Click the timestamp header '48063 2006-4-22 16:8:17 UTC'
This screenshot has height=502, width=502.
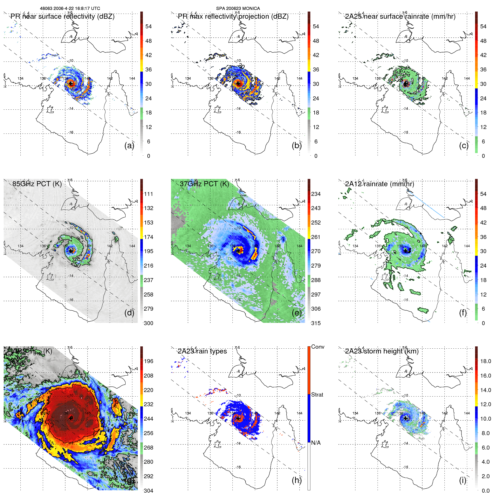pyautogui.click(x=70, y=9)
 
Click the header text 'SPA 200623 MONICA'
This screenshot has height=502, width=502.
pyautogui.click(x=238, y=9)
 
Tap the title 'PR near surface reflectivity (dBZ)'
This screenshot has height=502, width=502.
pyautogui.click(x=63, y=16)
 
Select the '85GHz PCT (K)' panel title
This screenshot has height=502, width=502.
pyautogui.click(x=37, y=184)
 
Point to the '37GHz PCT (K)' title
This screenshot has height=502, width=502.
pyautogui.click(x=204, y=184)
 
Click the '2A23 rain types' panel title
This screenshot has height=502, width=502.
pyautogui.click(x=202, y=351)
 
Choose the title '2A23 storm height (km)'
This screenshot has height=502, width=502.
pyautogui.click(x=382, y=351)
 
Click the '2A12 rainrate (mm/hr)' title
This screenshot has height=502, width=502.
pyautogui.click(x=380, y=184)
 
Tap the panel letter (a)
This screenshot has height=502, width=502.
pyautogui.click(x=129, y=145)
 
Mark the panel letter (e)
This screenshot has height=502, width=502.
pyautogui.click(x=297, y=313)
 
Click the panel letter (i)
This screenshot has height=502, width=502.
pyautogui.click(x=463, y=480)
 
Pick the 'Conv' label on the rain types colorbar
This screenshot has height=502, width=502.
pyautogui.click(x=318, y=347)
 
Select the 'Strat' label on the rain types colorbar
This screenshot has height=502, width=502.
pyautogui.click(x=317, y=395)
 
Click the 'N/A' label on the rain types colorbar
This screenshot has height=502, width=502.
pyautogui.click(x=316, y=443)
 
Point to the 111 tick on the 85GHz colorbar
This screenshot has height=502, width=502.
pyautogui.click(x=149, y=194)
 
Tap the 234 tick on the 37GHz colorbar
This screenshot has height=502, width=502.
pyautogui.click(x=316, y=194)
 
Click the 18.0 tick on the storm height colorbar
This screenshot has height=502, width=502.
pyautogui.click(x=486, y=361)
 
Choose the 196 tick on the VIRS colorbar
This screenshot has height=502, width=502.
pyautogui.click(x=149, y=361)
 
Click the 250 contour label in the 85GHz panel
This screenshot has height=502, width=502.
pyautogui.click(x=76, y=264)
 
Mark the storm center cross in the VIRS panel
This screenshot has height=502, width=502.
pyautogui.click(x=71, y=418)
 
